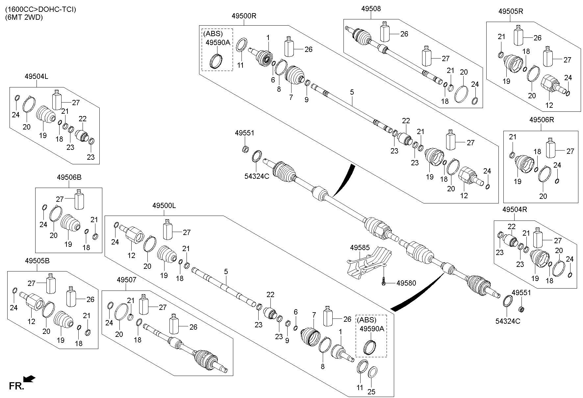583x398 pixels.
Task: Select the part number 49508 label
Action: click(371, 9)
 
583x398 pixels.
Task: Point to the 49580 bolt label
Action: click(406, 283)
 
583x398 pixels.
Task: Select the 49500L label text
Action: click(164, 206)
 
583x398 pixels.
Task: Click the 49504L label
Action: click(36, 76)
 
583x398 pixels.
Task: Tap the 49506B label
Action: click(69, 177)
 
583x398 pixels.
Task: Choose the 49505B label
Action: click(37, 261)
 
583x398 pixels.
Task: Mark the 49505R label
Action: click(511, 11)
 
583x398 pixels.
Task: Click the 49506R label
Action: click(542, 120)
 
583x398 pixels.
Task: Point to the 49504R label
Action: click(515, 209)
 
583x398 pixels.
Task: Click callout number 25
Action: click(371, 392)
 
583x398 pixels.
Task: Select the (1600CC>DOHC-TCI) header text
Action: click(40, 10)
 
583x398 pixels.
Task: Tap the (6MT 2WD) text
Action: click(24, 17)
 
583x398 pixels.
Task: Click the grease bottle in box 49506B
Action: click(79, 199)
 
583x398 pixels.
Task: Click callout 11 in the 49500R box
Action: click(241, 65)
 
